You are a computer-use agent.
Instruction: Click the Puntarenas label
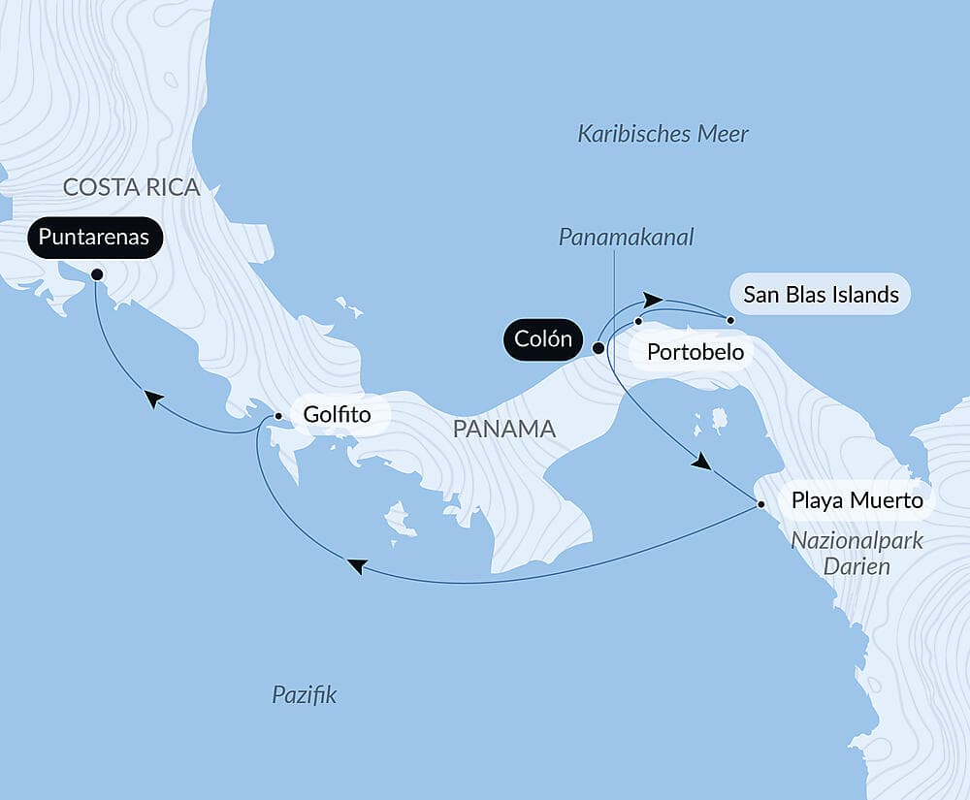(95, 238)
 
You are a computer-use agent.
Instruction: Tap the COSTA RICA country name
(131, 187)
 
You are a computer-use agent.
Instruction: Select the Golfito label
(337, 415)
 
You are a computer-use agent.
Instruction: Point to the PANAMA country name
(503, 429)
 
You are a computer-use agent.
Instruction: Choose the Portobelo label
(695, 351)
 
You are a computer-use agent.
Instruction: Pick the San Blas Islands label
(821, 294)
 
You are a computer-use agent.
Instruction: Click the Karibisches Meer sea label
(663, 134)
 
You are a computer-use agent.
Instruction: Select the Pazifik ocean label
(305, 694)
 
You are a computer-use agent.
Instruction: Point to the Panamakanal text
(627, 237)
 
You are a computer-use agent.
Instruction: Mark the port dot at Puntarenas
(96, 274)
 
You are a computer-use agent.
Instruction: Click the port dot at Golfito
(278, 416)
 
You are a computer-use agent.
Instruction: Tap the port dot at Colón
(598, 347)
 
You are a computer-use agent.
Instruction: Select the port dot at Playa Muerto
(761, 504)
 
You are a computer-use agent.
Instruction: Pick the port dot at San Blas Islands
(731, 320)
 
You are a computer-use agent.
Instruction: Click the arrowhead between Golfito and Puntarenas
(153, 399)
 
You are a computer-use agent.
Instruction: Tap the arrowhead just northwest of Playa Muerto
(700, 464)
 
